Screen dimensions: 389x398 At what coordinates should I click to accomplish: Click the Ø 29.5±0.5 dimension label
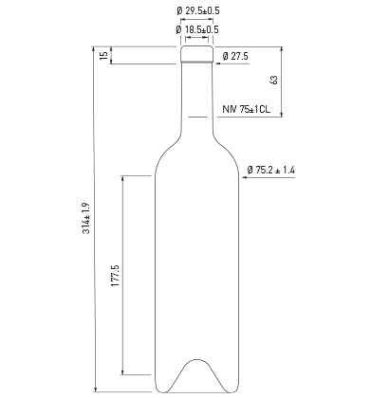pyautogui.click(x=198, y=11)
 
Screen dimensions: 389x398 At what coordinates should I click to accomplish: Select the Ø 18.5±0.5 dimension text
pyautogui.click(x=197, y=29)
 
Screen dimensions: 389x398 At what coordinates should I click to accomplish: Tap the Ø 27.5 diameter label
pyautogui.click(x=235, y=57)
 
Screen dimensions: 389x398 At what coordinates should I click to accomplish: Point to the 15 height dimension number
pyautogui.click(x=103, y=56)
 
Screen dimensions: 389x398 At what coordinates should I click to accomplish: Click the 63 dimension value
pyautogui.click(x=274, y=80)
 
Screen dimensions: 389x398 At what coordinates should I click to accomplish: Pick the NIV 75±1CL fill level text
pyautogui.click(x=247, y=109)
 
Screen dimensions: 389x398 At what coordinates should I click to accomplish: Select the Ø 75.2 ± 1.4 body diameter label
pyautogui.click(x=271, y=170)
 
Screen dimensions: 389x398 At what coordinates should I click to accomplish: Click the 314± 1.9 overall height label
pyautogui.click(x=86, y=218)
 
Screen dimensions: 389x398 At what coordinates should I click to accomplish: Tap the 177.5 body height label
pyautogui.click(x=115, y=276)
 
